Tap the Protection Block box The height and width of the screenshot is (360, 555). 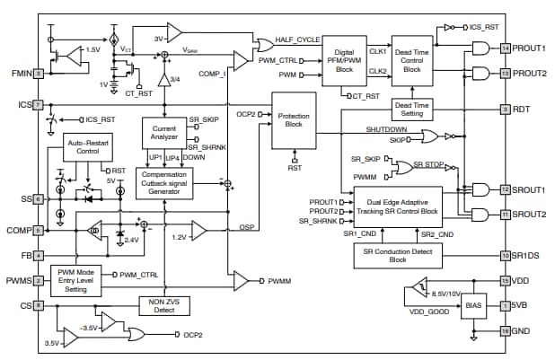[293, 119]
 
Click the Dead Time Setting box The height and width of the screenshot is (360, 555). [410, 110]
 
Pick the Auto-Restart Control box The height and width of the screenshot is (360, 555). [87, 147]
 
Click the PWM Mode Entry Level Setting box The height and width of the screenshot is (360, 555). [81, 280]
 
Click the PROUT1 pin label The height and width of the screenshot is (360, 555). [530, 48]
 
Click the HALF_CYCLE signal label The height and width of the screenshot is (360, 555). [298, 40]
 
